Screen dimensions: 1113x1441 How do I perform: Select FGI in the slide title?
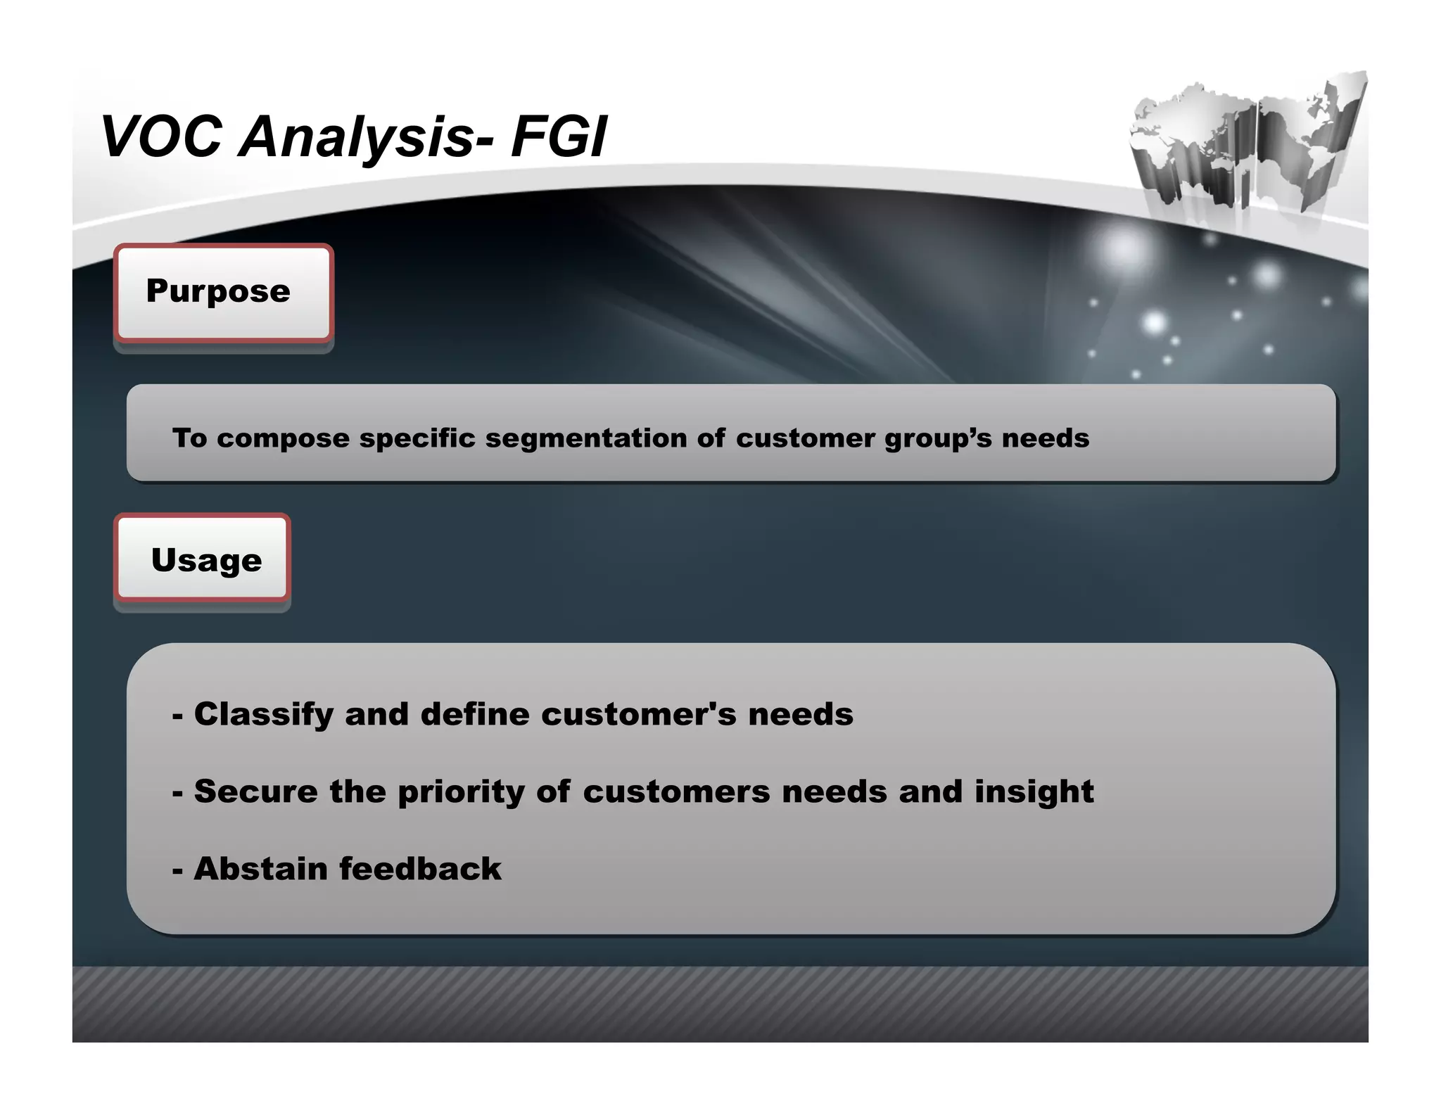point(559,136)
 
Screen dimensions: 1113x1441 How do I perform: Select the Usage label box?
point(203,560)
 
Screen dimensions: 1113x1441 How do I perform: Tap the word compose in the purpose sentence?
point(283,438)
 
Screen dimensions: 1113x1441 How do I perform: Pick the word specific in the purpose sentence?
point(417,438)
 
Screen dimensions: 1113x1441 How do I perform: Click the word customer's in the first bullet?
point(638,714)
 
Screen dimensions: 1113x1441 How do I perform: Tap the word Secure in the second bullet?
point(255,791)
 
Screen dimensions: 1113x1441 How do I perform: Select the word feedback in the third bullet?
point(421,869)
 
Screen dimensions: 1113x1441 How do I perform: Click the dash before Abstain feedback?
point(177,871)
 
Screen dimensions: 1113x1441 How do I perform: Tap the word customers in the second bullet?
point(676,792)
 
